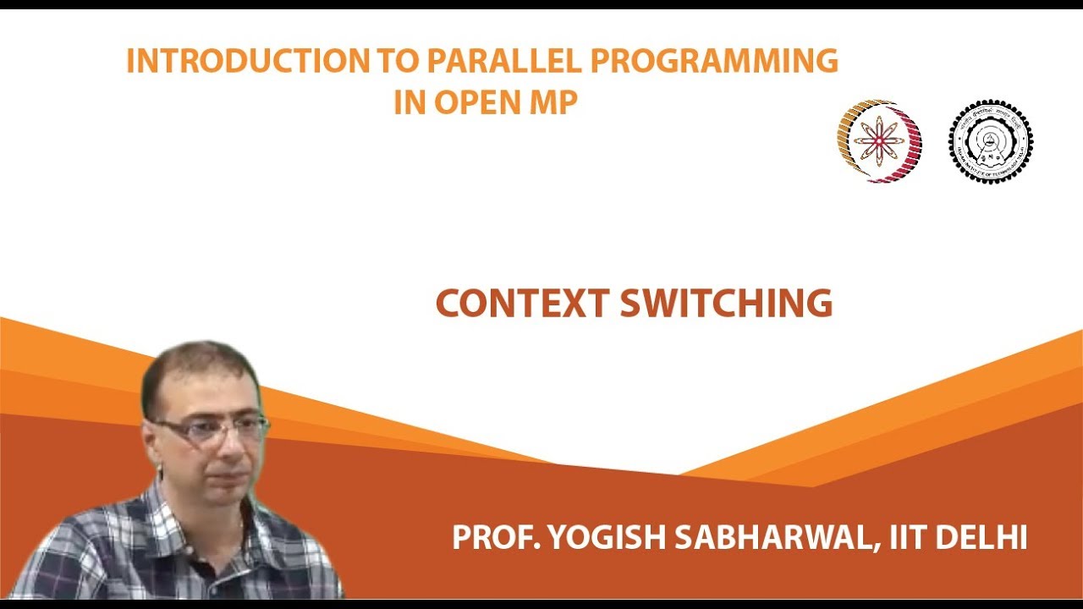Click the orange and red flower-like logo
[879, 141]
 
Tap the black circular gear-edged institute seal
[990, 141]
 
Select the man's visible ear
[152, 440]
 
